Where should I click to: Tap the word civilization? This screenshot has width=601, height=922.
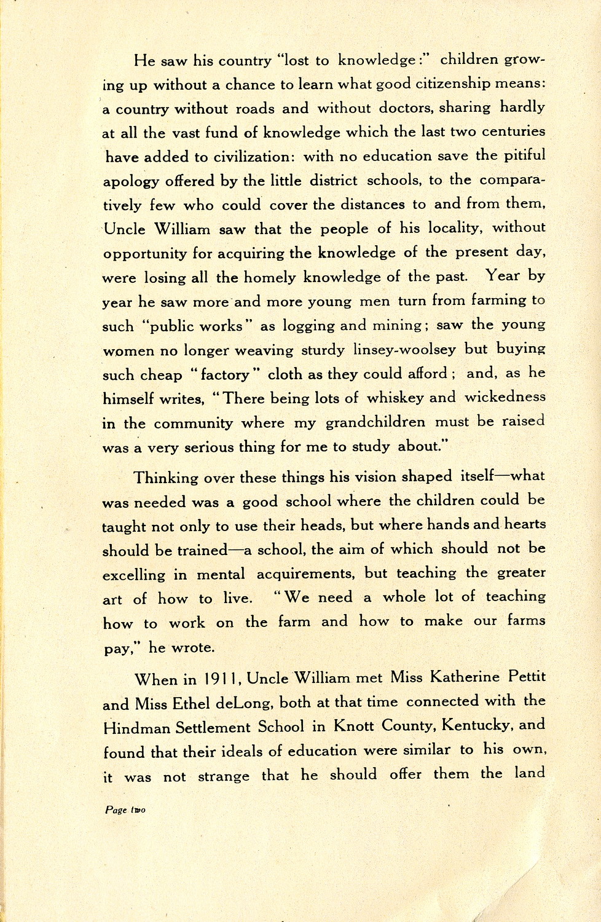tap(248, 157)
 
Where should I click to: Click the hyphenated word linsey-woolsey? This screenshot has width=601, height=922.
tap(405, 350)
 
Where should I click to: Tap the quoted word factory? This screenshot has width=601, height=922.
tap(226, 375)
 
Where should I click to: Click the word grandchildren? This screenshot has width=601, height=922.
tap(375, 423)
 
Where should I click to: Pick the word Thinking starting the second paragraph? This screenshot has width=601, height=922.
tap(166, 478)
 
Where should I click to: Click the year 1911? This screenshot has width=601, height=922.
tap(216, 679)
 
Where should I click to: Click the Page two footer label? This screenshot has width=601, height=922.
tap(125, 810)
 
